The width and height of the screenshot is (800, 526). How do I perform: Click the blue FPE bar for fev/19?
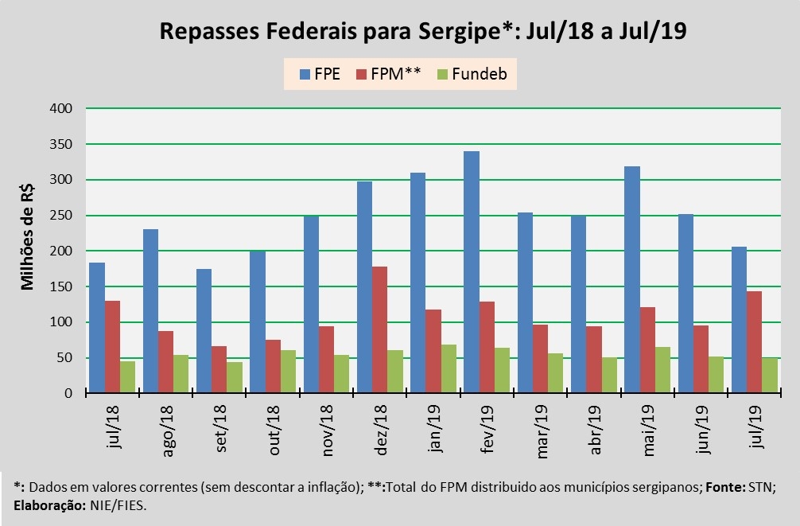(x=471, y=272)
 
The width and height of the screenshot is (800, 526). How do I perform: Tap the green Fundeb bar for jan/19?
(x=449, y=368)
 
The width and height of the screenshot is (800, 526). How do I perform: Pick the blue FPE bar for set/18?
(x=204, y=331)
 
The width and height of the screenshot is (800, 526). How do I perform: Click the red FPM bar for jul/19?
(x=753, y=342)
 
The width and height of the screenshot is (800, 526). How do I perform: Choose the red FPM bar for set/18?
(x=219, y=369)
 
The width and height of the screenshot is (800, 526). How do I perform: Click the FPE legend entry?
(x=320, y=76)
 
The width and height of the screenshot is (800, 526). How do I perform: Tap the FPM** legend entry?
(x=388, y=76)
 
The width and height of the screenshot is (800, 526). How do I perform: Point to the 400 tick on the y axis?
(x=61, y=109)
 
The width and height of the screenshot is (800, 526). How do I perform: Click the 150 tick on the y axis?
(x=61, y=286)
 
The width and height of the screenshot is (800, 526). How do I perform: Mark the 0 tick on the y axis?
(x=68, y=393)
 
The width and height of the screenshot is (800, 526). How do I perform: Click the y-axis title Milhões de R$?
(x=27, y=239)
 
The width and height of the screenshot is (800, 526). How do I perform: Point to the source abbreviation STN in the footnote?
(x=759, y=486)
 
